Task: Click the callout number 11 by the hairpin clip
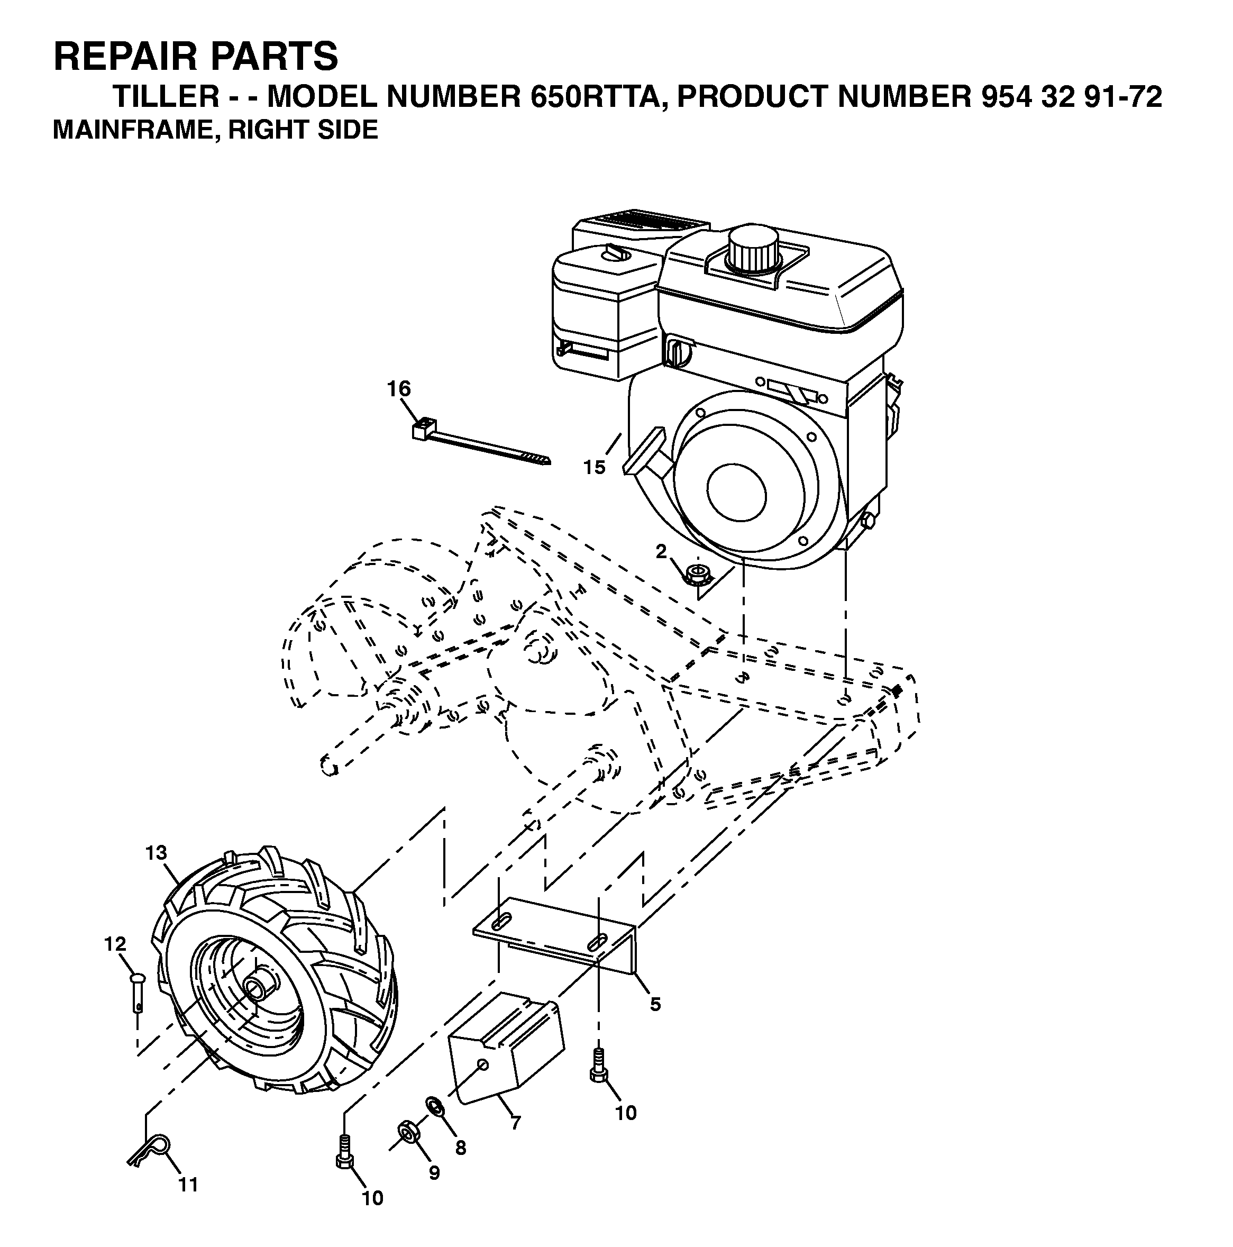(x=188, y=1185)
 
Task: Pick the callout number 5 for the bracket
(x=655, y=1004)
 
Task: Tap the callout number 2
(x=661, y=551)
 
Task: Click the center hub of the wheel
(x=259, y=988)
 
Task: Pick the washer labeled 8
(x=435, y=1106)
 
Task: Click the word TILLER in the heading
(x=167, y=97)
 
